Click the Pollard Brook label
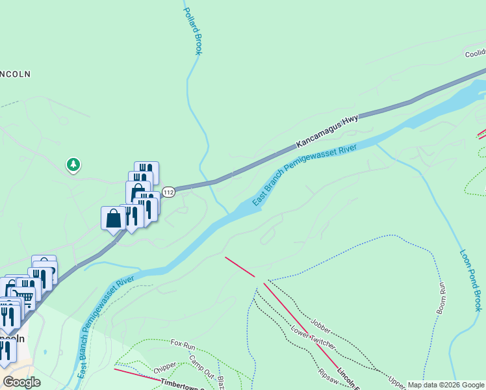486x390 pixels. click(193, 31)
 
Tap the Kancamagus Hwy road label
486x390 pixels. click(327, 129)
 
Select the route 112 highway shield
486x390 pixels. click(169, 192)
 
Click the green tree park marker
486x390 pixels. click(73, 164)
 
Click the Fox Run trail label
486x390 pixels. click(183, 343)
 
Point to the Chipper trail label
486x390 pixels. click(165, 369)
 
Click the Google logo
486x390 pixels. click(21, 382)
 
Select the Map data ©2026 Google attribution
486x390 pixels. click(446, 385)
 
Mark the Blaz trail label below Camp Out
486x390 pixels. click(221, 379)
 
